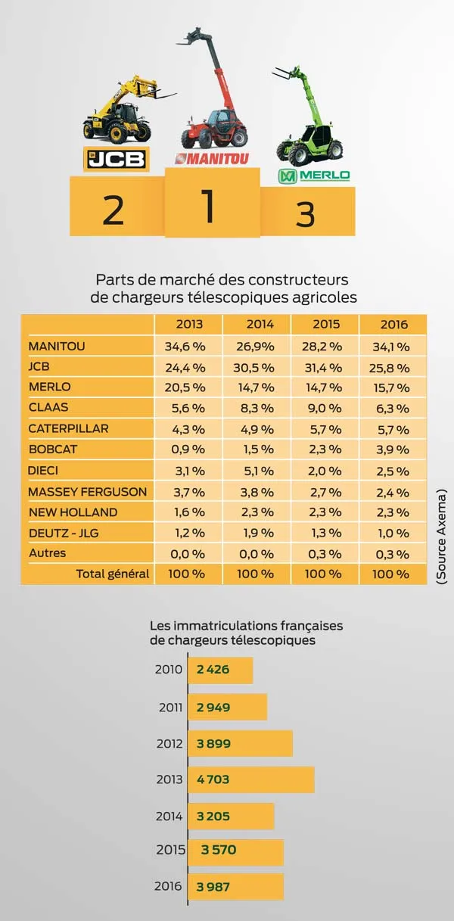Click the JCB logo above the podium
pyautogui.click(x=115, y=159)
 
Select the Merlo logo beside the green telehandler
pyautogui.click(x=314, y=176)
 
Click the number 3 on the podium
pyautogui.click(x=305, y=216)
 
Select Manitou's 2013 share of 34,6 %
pyautogui.click(x=188, y=347)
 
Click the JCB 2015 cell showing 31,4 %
pyautogui.click(x=325, y=367)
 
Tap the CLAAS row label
pyautogui.click(x=49, y=408)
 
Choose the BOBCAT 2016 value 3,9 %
pyautogui.click(x=393, y=450)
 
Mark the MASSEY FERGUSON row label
pyautogui.click(x=87, y=491)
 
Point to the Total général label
pyautogui.click(x=112, y=574)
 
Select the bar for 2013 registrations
pyautogui.click(x=250, y=779)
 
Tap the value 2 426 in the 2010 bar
pyautogui.click(x=213, y=670)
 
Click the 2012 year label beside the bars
pyautogui.click(x=168, y=743)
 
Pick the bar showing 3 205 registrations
pyautogui.click(x=231, y=816)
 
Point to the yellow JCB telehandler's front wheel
pyautogui.click(x=118, y=134)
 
